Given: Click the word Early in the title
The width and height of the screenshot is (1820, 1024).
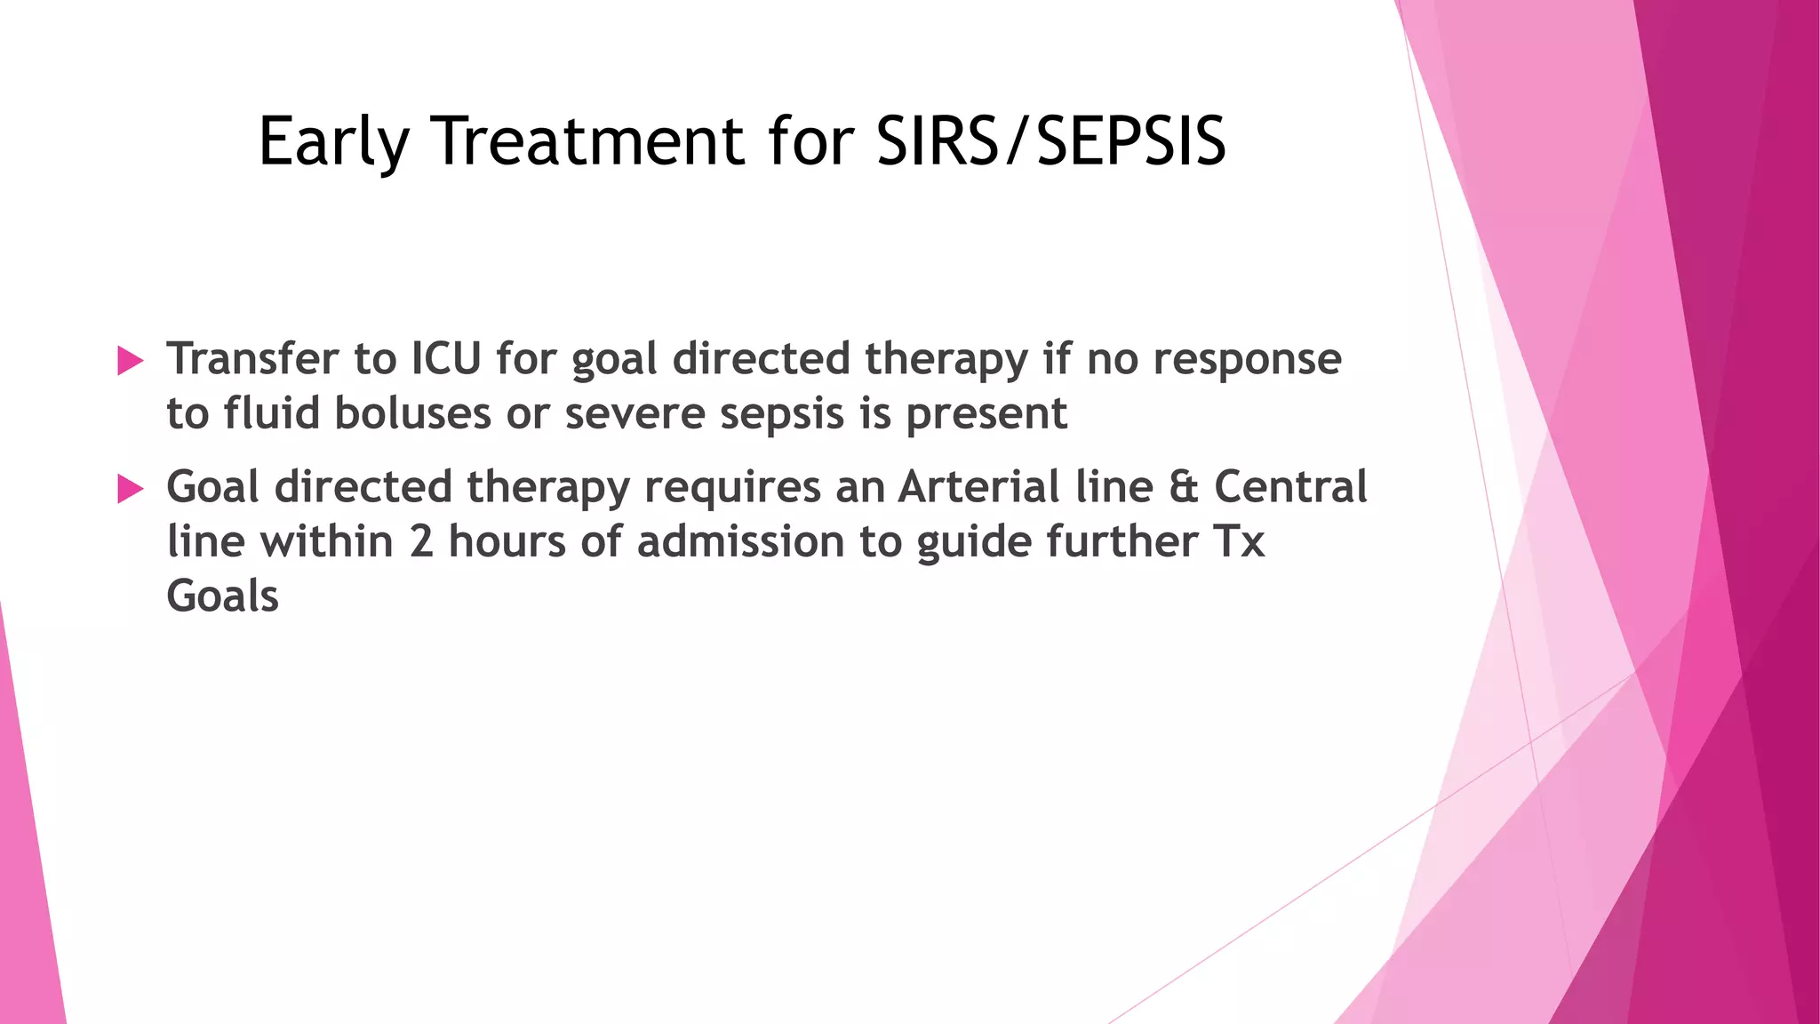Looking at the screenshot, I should click(333, 142).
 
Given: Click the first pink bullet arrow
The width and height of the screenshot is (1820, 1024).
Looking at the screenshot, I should click(130, 361).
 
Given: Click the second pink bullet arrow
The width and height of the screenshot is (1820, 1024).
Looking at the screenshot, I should click(130, 488).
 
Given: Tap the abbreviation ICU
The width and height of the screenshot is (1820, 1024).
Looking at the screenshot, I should click(445, 359).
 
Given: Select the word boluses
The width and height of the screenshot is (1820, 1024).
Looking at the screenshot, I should click(413, 413).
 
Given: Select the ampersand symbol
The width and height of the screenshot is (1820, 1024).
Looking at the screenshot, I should click(1184, 488).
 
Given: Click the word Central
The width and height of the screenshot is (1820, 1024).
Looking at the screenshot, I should click(1290, 487).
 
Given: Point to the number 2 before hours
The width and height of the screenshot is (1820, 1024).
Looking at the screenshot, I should click(421, 541).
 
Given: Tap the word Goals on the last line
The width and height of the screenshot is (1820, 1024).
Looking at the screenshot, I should click(222, 596).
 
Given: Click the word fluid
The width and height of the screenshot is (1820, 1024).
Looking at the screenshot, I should click(270, 413).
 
